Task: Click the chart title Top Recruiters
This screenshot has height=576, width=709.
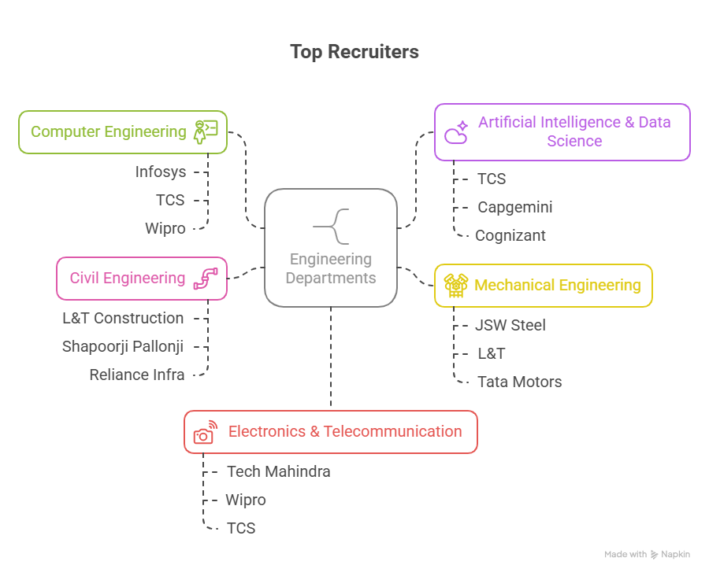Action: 354,52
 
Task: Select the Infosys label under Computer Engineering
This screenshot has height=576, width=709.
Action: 161,172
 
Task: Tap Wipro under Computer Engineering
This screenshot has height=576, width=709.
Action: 165,228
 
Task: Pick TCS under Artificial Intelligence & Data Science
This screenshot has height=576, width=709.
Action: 492,179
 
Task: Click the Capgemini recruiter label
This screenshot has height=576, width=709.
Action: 515,207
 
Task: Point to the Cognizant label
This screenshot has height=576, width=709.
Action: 510,235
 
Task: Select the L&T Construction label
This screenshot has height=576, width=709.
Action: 123,318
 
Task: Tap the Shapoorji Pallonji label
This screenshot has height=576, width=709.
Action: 123,346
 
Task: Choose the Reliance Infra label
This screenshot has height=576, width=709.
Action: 137,375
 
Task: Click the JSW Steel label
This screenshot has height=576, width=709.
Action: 510,325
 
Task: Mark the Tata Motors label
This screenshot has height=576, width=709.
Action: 520,382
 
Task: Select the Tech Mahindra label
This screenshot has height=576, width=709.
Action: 279,471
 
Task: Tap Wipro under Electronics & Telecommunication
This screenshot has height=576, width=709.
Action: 246,500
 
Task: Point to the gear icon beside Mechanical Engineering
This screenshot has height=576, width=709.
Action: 455,285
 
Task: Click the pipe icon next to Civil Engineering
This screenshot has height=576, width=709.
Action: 205,279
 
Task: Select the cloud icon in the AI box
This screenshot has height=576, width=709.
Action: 456,132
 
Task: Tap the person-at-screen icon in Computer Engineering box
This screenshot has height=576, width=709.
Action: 205,131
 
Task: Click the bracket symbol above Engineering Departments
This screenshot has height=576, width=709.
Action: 331,227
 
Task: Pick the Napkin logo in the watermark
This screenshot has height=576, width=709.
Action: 655,555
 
